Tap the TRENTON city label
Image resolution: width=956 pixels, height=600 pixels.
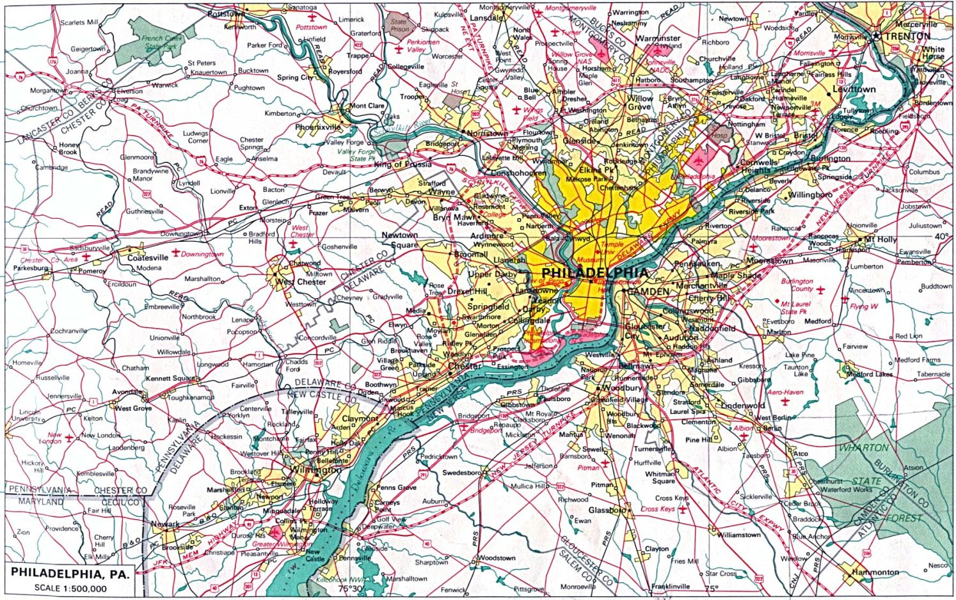coord(907,36)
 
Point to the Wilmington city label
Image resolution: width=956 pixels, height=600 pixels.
coord(315,470)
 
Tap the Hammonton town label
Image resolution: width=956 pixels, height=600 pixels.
coord(875,572)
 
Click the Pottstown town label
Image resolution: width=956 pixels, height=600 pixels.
coord(226,13)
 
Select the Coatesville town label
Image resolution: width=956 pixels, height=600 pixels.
coord(148,258)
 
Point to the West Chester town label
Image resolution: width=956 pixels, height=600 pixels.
coord(300,282)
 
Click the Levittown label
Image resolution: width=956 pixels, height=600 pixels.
coord(854,90)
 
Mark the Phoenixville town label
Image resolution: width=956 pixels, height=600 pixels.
coord(318,127)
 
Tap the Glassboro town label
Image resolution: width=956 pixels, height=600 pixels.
coord(607,510)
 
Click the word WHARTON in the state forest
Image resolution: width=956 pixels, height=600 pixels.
coord(863,448)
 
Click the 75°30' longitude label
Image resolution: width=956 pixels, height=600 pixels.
coord(351,588)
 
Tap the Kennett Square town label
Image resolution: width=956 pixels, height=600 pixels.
coord(171,378)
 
